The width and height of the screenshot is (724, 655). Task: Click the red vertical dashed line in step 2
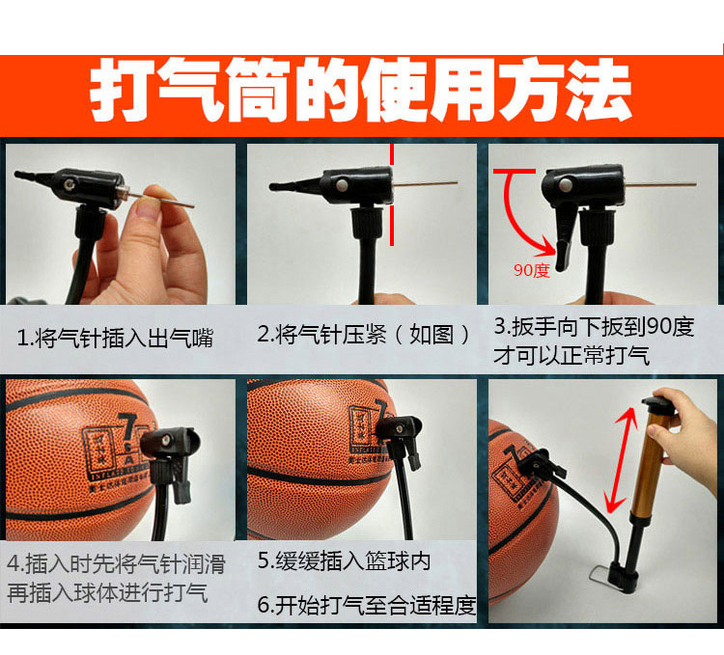(x=392, y=195)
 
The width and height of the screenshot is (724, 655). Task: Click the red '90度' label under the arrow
(x=532, y=270)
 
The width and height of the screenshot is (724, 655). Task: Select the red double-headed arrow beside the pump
(x=620, y=460)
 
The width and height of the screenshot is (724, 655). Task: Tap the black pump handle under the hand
(x=659, y=404)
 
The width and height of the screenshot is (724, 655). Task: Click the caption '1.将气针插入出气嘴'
(x=115, y=338)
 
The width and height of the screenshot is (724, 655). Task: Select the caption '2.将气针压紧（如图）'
(x=363, y=335)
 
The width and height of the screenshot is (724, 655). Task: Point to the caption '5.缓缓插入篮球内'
(x=344, y=560)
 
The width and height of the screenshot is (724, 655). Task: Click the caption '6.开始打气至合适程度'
(x=367, y=605)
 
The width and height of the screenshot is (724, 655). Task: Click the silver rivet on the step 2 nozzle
(x=342, y=185)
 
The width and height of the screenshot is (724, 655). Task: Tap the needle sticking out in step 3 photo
(x=660, y=185)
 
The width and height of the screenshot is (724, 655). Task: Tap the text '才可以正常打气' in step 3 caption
(x=571, y=356)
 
